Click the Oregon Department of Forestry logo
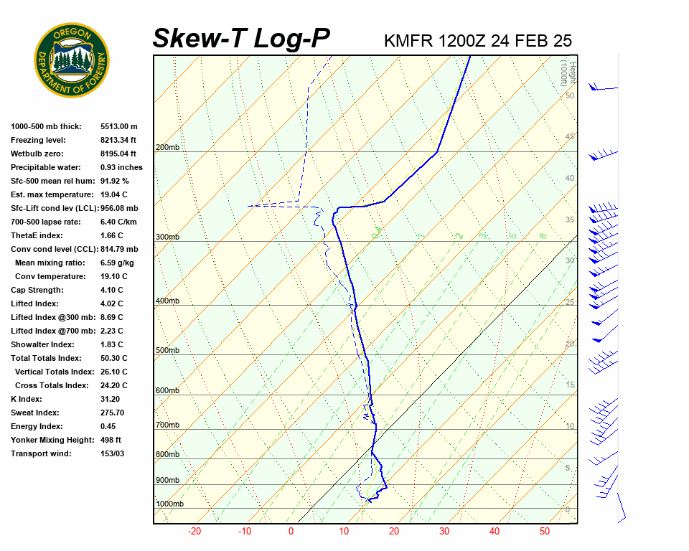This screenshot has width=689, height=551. click(72, 60)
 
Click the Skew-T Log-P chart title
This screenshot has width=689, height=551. click(241, 38)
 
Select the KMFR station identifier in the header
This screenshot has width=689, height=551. click(408, 41)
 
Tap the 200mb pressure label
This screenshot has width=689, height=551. click(167, 148)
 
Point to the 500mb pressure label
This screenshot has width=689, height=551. click(167, 351)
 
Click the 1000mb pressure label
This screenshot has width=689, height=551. click(169, 504)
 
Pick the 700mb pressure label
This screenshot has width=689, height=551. click(167, 425)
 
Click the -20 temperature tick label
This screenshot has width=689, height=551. click(194, 532)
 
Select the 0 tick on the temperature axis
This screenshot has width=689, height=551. click(291, 532)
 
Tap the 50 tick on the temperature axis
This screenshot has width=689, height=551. click(545, 532)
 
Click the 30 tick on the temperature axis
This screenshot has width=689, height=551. click(444, 532)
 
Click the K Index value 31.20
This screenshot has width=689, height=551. click(111, 399)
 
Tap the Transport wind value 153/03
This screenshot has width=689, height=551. click(113, 453)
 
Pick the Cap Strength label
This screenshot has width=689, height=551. click(37, 290)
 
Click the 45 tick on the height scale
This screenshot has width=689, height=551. click(570, 137)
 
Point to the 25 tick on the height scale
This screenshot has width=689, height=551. click(570, 303)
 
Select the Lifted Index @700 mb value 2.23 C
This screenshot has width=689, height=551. click(112, 331)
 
